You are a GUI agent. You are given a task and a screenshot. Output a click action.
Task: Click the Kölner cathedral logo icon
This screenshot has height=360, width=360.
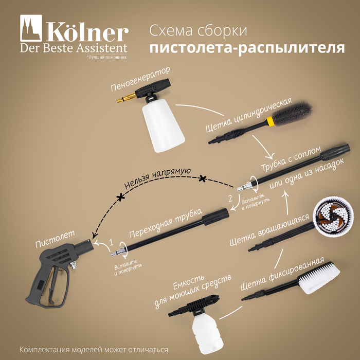click(x=31, y=28)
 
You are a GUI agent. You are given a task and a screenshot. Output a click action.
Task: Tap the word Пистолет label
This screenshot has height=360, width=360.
click(x=55, y=239)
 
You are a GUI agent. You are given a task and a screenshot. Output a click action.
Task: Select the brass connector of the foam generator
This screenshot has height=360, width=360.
click(x=127, y=97)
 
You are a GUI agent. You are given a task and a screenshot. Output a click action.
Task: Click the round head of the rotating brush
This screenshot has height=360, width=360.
click(x=334, y=216)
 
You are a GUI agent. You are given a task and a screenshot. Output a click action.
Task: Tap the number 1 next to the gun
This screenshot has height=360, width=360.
click(x=112, y=242)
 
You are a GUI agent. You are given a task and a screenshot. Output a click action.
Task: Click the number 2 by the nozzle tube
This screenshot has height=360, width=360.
click(x=230, y=198)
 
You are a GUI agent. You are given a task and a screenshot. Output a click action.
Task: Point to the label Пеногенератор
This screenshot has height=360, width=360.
click(x=140, y=79)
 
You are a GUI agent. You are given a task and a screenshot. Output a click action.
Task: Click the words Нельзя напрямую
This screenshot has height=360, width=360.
click(x=157, y=177)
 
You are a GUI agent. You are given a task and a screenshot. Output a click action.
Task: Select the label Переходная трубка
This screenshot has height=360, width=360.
click(x=166, y=223)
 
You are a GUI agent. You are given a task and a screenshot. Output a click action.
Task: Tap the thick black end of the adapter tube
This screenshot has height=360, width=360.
click(x=215, y=217)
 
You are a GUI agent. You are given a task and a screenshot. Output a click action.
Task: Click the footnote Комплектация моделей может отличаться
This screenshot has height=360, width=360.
click(x=94, y=350)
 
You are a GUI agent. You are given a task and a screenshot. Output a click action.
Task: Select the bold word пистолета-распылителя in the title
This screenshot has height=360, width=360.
click(x=247, y=47)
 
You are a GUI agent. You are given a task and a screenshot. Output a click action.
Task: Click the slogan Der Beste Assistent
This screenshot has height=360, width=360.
click(x=74, y=48)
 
